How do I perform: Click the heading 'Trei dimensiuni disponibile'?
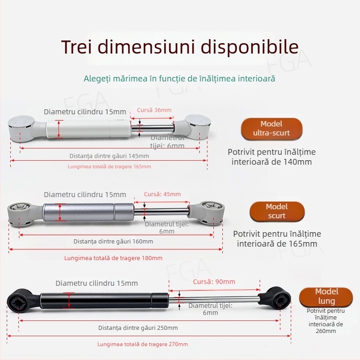click(180, 47)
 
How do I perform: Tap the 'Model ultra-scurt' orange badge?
click(271, 128)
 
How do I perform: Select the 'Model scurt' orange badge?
click(277, 211)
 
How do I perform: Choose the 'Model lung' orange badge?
click(327, 296)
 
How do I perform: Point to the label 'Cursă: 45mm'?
click(162, 194)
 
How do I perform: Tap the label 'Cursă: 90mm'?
click(214, 282)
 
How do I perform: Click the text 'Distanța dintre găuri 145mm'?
click(109, 156)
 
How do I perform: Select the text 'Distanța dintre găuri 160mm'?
click(113, 241)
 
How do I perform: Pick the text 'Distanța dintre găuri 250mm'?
click(138, 328)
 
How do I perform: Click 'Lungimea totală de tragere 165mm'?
click(109, 166)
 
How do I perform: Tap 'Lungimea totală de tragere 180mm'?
click(113, 258)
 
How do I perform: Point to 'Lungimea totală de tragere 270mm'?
click(143, 344)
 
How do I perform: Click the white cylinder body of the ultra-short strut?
click(85, 128)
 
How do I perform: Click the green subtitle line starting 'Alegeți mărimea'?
click(180, 79)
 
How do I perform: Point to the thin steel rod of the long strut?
click(216, 298)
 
